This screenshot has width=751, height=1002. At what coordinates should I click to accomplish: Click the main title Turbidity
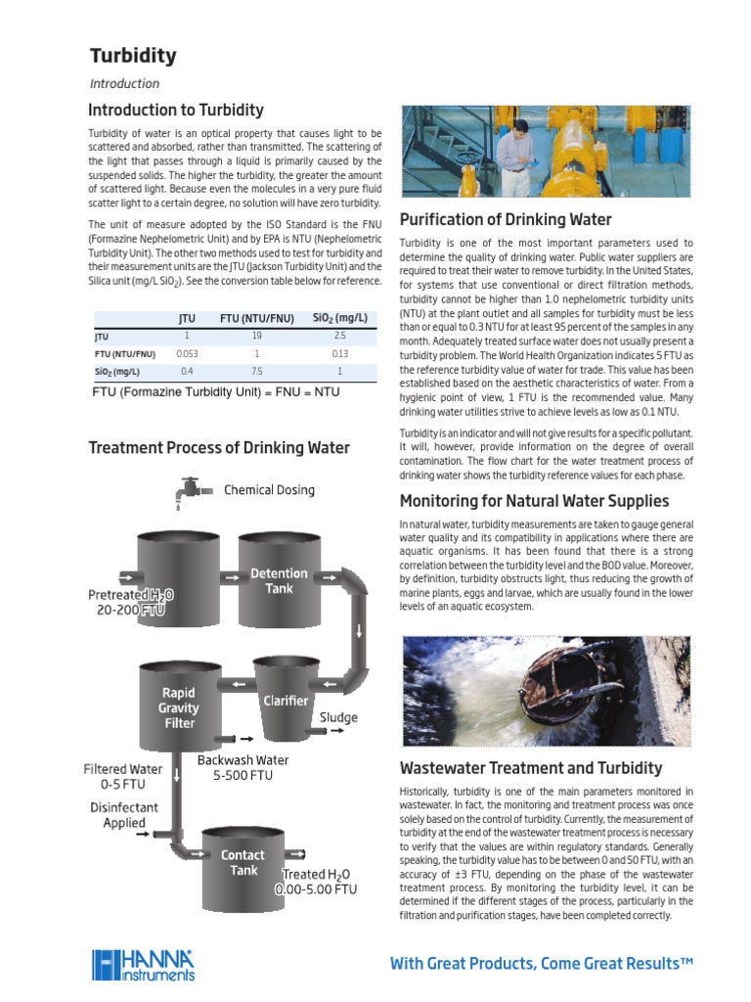pos(133,56)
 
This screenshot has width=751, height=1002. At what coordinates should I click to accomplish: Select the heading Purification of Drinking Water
pos(506,219)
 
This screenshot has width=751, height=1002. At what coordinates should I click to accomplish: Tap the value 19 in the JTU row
pos(256,336)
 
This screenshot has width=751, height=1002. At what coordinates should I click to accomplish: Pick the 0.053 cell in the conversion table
pos(187,353)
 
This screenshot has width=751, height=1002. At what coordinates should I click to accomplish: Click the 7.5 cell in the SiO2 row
pos(256,372)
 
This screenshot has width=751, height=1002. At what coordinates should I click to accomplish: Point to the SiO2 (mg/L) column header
pos(339,317)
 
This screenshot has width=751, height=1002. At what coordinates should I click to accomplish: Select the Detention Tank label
pos(279,580)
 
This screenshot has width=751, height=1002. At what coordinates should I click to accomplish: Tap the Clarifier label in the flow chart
pos(286,701)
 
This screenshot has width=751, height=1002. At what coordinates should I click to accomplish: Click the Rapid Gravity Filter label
pos(179,707)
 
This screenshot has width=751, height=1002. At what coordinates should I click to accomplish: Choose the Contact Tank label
pos(243,862)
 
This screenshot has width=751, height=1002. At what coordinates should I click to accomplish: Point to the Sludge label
pos(338,717)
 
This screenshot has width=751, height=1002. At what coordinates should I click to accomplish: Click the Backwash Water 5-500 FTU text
pos(243,767)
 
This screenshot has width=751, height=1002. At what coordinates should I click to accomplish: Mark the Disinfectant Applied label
pos(124,815)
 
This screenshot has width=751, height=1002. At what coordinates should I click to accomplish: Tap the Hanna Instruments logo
pos(144,965)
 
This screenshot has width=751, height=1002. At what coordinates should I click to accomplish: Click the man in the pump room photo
pos(510,157)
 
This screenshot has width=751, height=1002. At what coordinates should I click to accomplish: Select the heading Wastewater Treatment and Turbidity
pos(531,768)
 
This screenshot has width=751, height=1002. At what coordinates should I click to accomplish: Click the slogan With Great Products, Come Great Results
pos(541,964)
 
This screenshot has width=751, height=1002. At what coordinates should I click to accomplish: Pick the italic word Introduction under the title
pos(124,84)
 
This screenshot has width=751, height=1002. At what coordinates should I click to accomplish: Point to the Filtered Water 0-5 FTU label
pos(123,776)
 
